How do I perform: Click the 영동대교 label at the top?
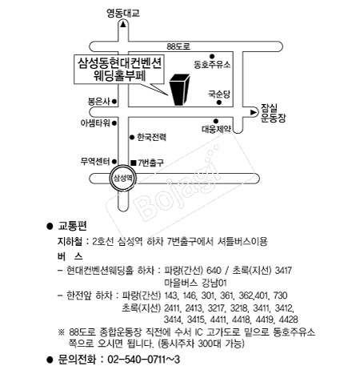click(x=123, y=13)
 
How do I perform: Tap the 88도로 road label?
click(x=178, y=46)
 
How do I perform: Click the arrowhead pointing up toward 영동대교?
click(x=123, y=25)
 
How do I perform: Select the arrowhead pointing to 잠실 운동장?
click(x=254, y=112)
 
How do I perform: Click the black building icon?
click(x=180, y=90)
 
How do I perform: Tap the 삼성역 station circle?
click(x=123, y=178)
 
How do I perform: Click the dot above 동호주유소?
click(x=212, y=56)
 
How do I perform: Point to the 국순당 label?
click(x=219, y=94)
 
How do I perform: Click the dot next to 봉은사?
click(x=114, y=102)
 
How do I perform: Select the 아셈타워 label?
click(x=95, y=123)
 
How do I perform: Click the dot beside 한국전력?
click(x=132, y=137)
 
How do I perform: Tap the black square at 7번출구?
click(x=134, y=163)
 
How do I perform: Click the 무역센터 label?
click(x=95, y=162)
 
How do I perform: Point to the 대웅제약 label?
click(x=216, y=129)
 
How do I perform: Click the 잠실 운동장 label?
click(x=273, y=113)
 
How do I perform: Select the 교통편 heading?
click(x=72, y=226)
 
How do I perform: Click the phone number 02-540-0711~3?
click(x=144, y=360)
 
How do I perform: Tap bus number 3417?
click(x=283, y=271)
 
